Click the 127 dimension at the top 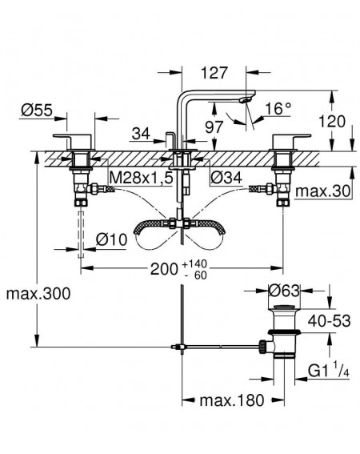[x=214, y=73]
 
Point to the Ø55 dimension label [x=37, y=110]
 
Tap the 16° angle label [x=278, y=109]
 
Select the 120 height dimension [x=332, y=122]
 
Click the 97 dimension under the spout [x=214, y=127]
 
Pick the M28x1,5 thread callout [x=142, y=178]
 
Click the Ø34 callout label [x=226, y=178]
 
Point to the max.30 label [x=322, y=191]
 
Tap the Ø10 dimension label [x=111, y=239]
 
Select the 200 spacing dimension [x=164, y=269]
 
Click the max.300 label [x=38, y=293]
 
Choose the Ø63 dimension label [x=284, y=291]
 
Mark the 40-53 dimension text [x=330, y=321]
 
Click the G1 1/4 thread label [x=329, y=371]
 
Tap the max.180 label [x=232, y=400]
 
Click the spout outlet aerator [x=246, y=100]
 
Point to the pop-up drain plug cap [x=284, y=307]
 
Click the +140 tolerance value [x=194, y=263]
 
